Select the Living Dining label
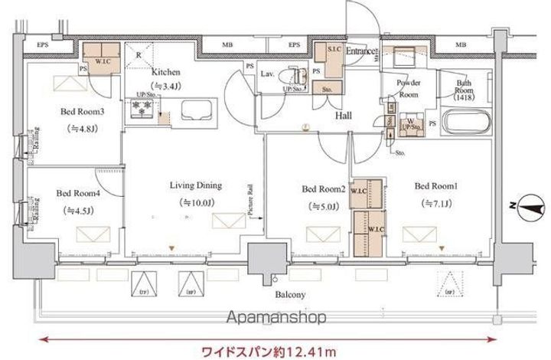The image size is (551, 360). (x=196, y=185)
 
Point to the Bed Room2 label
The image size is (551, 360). (x=324, y=188)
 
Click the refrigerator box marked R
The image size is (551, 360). (x=139, y=54)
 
